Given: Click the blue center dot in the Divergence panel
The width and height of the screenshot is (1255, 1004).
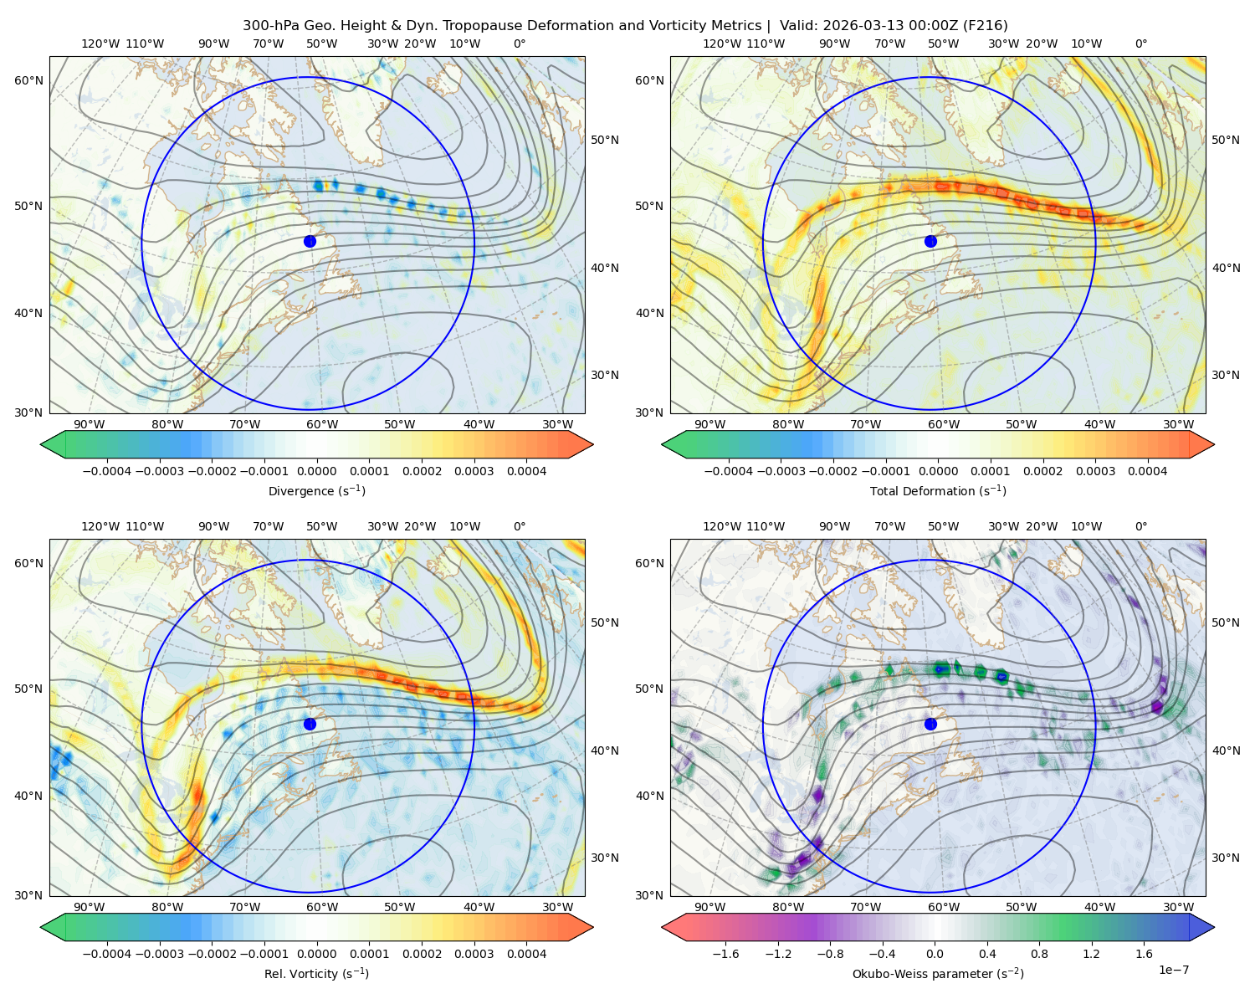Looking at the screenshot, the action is (x=310, y=242).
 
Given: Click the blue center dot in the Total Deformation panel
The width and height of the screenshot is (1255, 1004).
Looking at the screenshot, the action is (x=930, y=242).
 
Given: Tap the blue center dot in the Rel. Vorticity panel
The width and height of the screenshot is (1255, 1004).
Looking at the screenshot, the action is (x=310, y=724).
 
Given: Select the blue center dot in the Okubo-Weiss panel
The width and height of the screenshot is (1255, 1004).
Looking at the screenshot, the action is (x=930, y=724).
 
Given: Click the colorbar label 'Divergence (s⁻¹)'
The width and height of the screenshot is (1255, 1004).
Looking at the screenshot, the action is (x=316, y=491).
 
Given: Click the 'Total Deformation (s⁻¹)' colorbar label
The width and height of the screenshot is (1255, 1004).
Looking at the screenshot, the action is (x=938, y=491).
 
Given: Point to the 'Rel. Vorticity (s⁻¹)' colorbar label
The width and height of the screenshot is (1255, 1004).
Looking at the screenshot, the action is (x=316, y=974).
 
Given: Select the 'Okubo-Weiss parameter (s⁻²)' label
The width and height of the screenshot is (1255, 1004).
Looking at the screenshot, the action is (x=938, y=974).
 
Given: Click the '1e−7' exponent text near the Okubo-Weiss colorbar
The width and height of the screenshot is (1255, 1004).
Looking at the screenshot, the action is (x=1173, y=971).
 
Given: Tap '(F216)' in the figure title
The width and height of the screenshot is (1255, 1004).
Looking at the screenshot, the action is (x=985, y=26).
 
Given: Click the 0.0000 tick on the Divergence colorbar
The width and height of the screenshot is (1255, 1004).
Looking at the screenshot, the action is (x=316, y=471).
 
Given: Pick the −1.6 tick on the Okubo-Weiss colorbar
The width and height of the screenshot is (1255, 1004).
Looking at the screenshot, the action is (x=725, y=954).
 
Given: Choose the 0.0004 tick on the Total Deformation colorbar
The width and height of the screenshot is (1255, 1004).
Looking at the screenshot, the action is (x=1148, y=471).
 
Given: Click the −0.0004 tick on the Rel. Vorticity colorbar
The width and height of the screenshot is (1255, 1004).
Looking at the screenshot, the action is (x=107, y=954).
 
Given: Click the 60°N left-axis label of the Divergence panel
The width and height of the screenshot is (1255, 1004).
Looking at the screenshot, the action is (x=28, y=80).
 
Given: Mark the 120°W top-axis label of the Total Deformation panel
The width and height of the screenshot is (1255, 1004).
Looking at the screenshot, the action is (x=722, y=44).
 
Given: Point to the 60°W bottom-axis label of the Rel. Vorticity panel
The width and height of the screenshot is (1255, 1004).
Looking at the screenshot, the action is (x=322, y=907).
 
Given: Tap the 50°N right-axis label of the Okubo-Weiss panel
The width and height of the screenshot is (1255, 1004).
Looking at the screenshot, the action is (x=1226, y=622).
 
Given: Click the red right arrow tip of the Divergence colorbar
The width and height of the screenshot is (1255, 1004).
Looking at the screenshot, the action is (x=592, y=444).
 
